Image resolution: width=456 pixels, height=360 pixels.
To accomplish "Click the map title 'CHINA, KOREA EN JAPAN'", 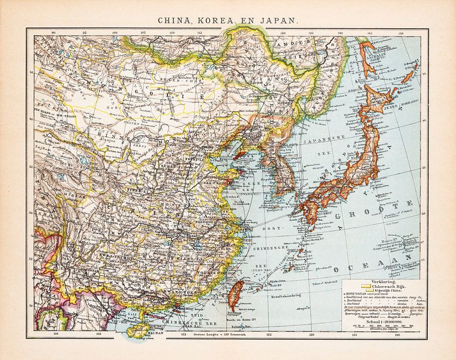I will (x=228, y=20).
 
